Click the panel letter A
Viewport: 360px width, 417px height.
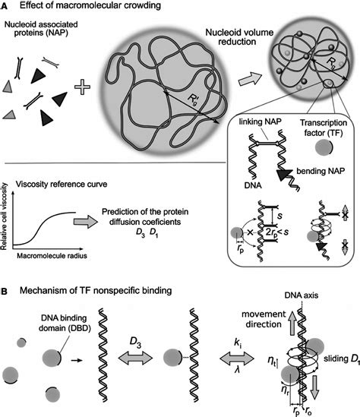5,6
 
